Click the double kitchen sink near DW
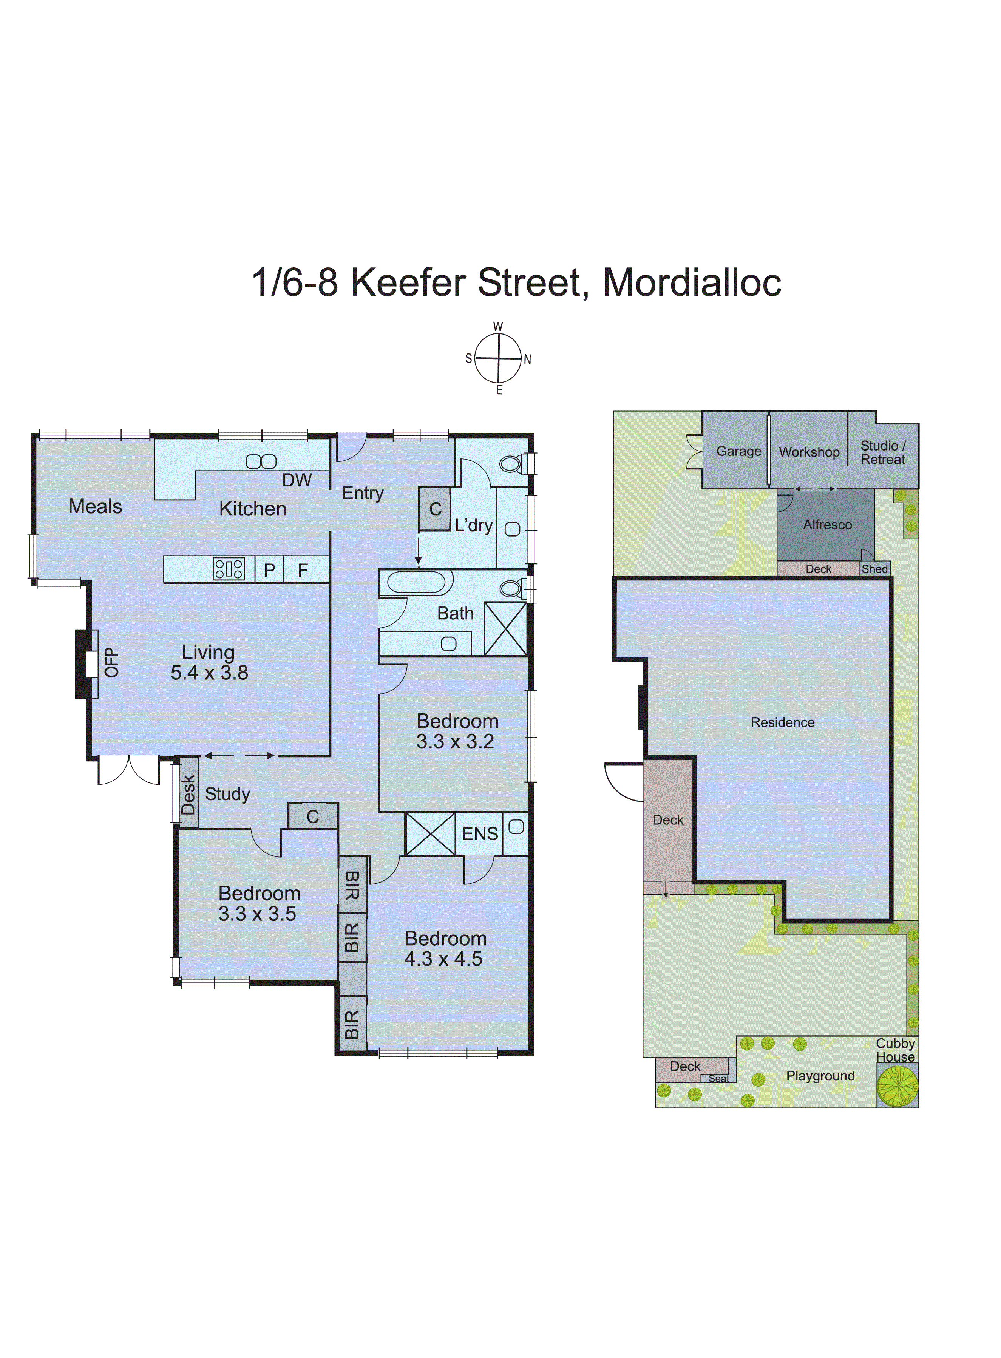(x=261, y=461)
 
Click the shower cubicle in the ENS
(x=430, y=834)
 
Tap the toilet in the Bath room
(x=512, y=588)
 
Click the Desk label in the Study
(x=188, y=794)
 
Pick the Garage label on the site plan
(x=738, y=451)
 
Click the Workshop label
(x=809, y=452)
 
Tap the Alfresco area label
(x=827, y=525)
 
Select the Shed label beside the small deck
(x=874, y=569)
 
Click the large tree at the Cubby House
(x=898, y=1086)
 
